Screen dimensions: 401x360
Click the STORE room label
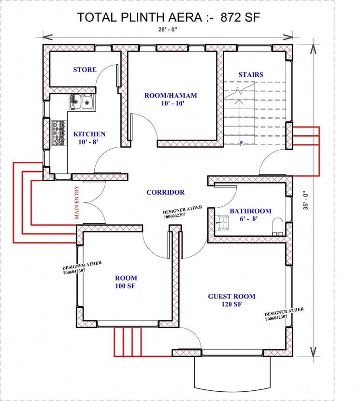[85, 70]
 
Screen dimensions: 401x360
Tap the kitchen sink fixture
[81, 101]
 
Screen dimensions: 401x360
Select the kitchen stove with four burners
[58, 133]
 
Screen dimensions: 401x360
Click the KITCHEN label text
[89, 134]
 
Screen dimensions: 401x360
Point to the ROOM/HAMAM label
[171, 95]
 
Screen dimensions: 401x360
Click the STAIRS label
[250, 74]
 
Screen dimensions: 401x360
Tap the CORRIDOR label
[165, 192]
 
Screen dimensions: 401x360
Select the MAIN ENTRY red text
[77, 203]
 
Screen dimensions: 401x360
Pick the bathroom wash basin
[222, 222]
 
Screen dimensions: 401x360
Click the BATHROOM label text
[250, 211]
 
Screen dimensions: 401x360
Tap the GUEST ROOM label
[231, 296]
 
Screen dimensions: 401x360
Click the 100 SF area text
[126, 286]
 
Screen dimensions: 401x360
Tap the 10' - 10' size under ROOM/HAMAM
[171, 103]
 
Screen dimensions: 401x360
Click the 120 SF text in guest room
[231, 304]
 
